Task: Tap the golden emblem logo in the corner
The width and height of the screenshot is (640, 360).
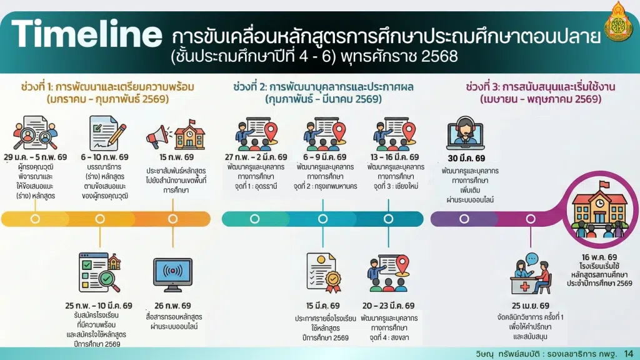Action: tap(618, 22)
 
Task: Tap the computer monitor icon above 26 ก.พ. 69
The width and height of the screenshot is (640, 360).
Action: tap(172, 275)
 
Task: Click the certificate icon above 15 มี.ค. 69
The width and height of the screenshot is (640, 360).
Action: tap(324, 272)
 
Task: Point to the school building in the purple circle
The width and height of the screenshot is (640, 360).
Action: tap(599, 210)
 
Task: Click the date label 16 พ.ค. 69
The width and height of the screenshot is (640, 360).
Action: tap(599, 257)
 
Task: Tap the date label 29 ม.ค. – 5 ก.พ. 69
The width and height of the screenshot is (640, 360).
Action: tap(36, 157)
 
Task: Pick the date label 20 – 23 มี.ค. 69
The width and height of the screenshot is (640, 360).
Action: tap(388, 306)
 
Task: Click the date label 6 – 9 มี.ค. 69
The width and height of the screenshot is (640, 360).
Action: tap(324, 157)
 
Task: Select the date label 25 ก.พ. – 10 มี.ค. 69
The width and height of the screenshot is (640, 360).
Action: tap(98, 306)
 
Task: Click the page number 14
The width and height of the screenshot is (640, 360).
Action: tap(629, 354)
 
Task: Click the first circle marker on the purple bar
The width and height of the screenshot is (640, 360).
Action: tap(464, 219)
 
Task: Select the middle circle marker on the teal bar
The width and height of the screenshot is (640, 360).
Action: tap(323, 219)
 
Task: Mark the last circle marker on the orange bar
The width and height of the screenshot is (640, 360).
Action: tap(172, 219)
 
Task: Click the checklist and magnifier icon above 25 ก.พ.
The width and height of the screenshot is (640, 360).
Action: tap(100, 272)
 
